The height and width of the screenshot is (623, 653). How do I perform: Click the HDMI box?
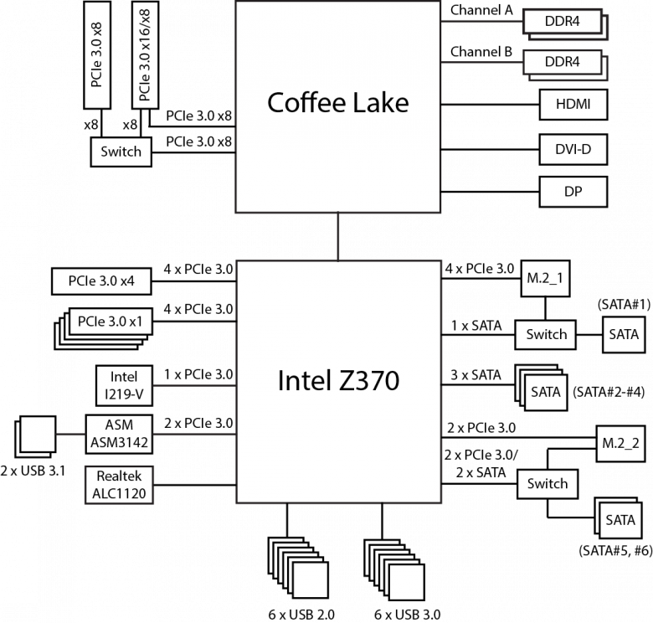pos(573,105)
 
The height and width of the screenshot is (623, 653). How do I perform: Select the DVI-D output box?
pos(573,149)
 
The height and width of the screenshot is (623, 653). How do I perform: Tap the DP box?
pos(573,192)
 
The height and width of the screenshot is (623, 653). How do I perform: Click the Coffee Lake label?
pos(337,103)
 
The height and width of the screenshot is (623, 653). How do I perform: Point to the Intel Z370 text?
pos(338,381)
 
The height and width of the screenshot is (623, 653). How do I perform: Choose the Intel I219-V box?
pos(124,386)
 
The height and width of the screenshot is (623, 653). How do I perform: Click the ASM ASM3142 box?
pos(119,434)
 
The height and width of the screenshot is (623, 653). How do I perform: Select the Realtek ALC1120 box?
pos(119,485)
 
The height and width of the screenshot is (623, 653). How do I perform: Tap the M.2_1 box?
pos(545,278)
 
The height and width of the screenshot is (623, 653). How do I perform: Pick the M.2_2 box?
pos(620,444)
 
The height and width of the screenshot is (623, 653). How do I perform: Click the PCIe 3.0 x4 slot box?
pos(101,281)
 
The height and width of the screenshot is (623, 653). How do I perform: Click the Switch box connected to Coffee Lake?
pos(121,152)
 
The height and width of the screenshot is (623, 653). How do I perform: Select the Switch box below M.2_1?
pos(546,334)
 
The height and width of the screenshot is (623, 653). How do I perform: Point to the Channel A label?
pos(481,10)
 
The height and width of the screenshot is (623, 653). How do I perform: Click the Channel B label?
pos(481,52)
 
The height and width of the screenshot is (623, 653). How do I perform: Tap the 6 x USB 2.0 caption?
pos(301,615)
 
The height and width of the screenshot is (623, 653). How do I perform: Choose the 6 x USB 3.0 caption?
pos(407,615)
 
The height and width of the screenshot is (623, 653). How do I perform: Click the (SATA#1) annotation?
pos(624,305)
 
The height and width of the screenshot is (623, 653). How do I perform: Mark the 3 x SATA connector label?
pos(476,375)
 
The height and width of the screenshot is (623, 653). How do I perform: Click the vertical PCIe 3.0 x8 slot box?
pos(97,55)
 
